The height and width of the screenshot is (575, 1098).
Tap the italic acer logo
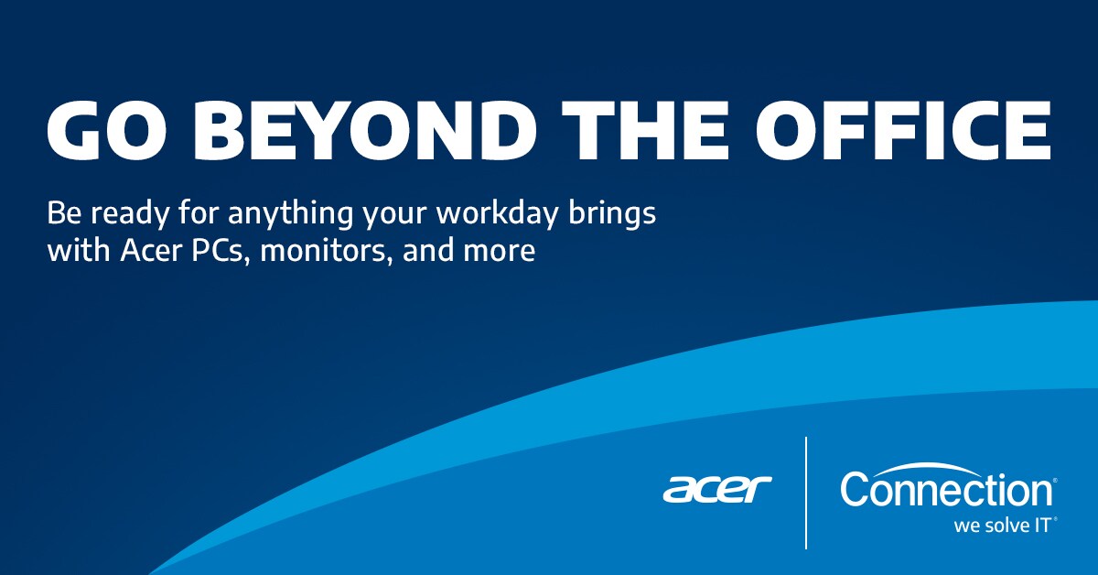coord(717,489)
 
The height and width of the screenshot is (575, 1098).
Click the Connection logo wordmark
coord(945,490)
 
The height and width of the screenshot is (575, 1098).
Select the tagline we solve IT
coord(1003,526)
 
